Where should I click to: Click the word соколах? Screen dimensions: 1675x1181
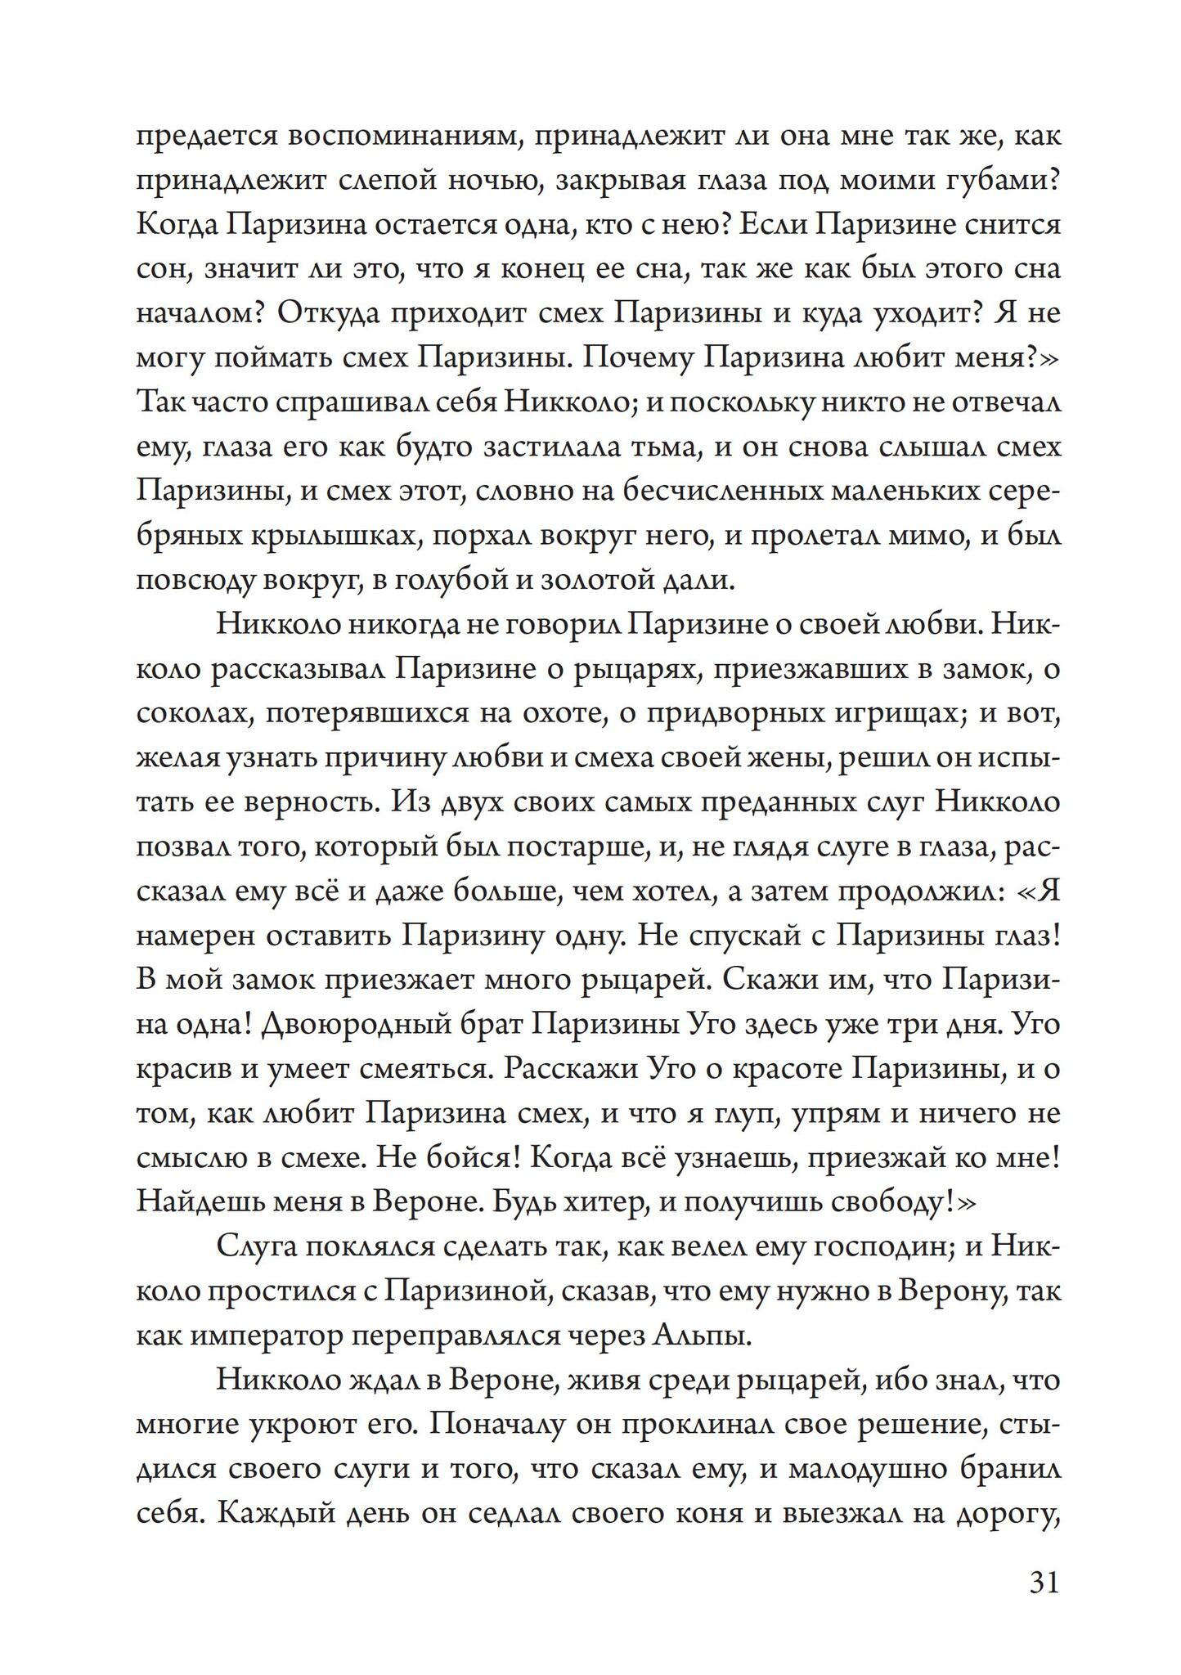190,714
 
